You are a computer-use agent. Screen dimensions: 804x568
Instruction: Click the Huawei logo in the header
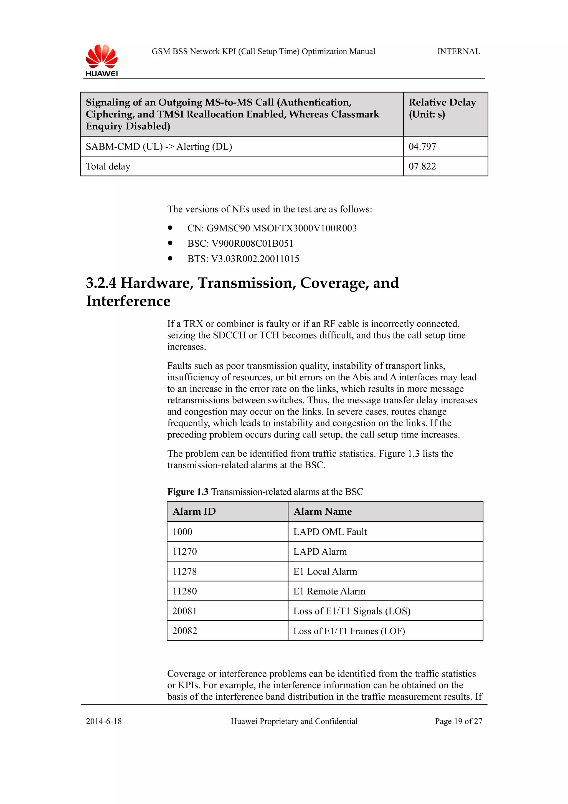click(x=102, y=60)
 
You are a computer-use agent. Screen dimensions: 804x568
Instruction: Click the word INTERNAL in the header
click(x=458, y=52)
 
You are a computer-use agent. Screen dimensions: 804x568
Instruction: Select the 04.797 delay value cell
click(x=422, y=146)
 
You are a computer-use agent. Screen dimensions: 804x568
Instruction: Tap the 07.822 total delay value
click(x=422, y=166)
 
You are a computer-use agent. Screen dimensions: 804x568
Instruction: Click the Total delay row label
click(x=108, y=166)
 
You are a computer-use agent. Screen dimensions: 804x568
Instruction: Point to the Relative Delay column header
click(x=442, y=108)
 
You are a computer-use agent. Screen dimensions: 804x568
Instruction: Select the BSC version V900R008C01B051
click(x=252, y=243)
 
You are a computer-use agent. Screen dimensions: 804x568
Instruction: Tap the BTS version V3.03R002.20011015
click(x=255, y=259)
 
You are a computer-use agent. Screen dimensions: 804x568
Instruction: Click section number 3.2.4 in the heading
click(x=101, y=283)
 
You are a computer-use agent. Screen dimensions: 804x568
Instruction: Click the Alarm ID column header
click(x=194, y=512)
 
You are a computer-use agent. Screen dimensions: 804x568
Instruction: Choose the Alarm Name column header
click(x=322, y=512)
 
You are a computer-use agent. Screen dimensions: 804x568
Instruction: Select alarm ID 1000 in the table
click(x=182, y=532)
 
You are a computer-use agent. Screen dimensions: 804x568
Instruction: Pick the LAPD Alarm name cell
click(x=320, y=552)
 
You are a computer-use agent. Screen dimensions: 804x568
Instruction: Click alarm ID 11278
click(x=184, y=572)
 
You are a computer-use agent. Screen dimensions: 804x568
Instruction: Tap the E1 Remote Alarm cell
click(x=329, y=591)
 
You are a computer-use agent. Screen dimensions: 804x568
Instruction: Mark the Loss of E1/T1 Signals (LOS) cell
click(x=352, y=611)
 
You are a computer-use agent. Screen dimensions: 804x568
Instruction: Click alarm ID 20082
click(x=184, y=631)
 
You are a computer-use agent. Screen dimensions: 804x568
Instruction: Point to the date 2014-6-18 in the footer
click(x=104, y=721)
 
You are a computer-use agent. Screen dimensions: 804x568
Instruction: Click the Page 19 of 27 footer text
click(x=458, y=721)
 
